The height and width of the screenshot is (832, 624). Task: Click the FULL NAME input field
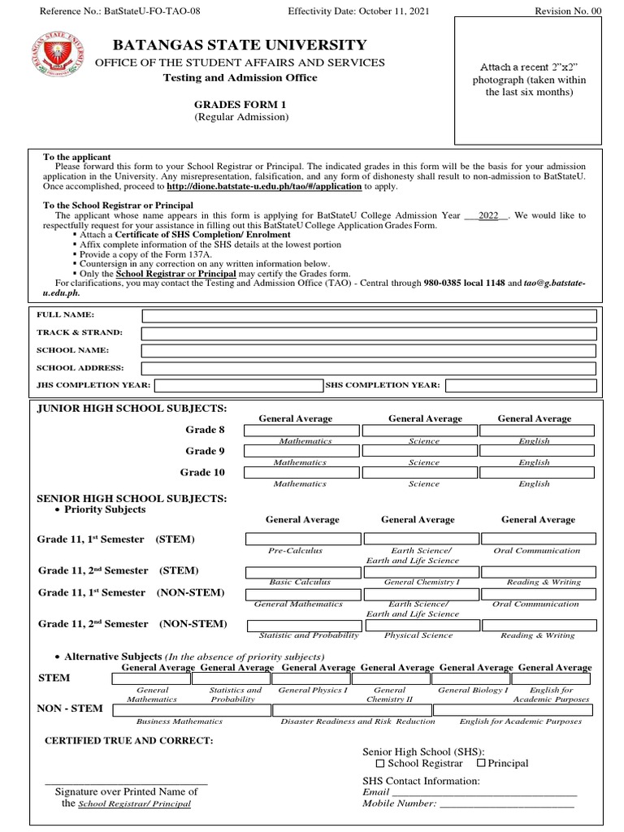click(x=369, y=315)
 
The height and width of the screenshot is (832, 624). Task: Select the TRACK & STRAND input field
click(x=369, y=333)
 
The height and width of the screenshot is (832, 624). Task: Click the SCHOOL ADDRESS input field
click(x=369, y=368)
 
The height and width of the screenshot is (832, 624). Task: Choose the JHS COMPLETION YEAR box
click(x=238, y=385)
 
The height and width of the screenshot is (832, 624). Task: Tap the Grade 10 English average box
click(x=536, y=472)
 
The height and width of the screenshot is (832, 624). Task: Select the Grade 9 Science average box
click(x=419, y=451)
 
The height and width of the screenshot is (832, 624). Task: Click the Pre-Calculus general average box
click(x=303, y=539)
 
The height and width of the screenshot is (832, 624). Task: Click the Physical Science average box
click(x=421, y=625)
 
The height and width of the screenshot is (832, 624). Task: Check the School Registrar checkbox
click(x=380, y=764)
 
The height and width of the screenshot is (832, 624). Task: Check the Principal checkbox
click(x=481, y=763)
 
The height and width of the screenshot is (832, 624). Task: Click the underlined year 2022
click(x=488, y=216)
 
